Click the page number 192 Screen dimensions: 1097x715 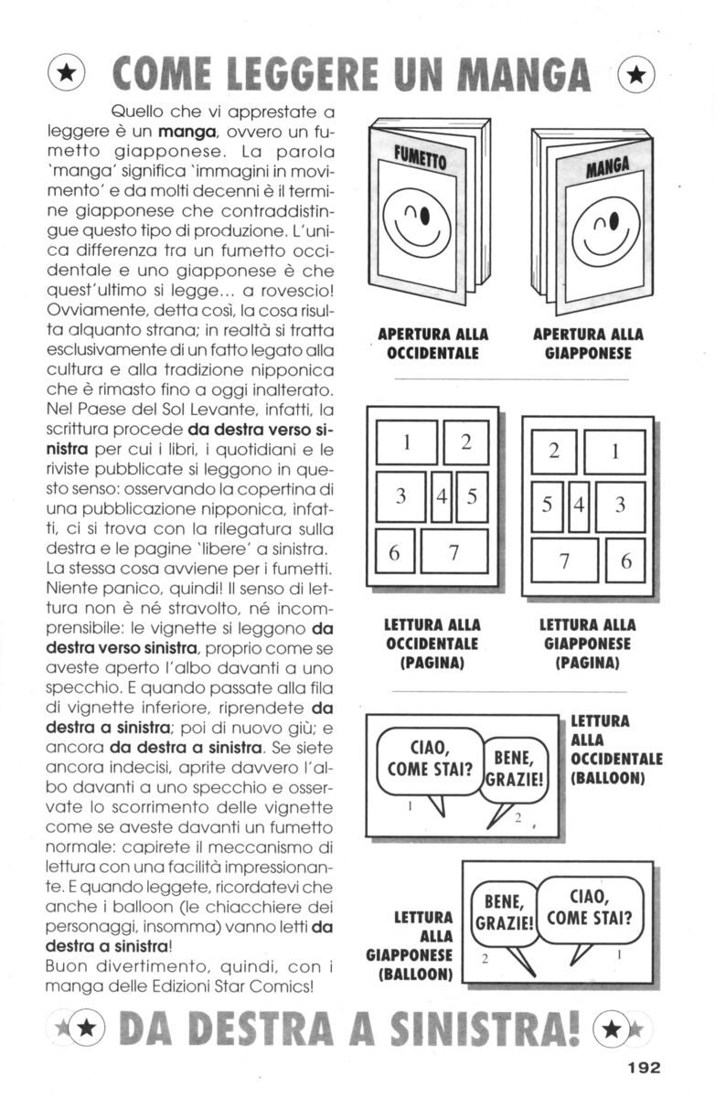643,1064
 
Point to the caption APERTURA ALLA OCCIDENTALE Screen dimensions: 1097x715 432,343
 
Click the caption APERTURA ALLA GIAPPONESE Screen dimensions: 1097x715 588,343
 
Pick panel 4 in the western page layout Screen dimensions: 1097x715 442,497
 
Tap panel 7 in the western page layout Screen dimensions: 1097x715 454,552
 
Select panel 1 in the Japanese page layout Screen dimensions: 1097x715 615,452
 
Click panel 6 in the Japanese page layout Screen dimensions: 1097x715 626,560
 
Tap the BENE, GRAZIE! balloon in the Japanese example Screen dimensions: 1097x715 502,909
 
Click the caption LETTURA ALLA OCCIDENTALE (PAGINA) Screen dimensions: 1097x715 432,644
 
